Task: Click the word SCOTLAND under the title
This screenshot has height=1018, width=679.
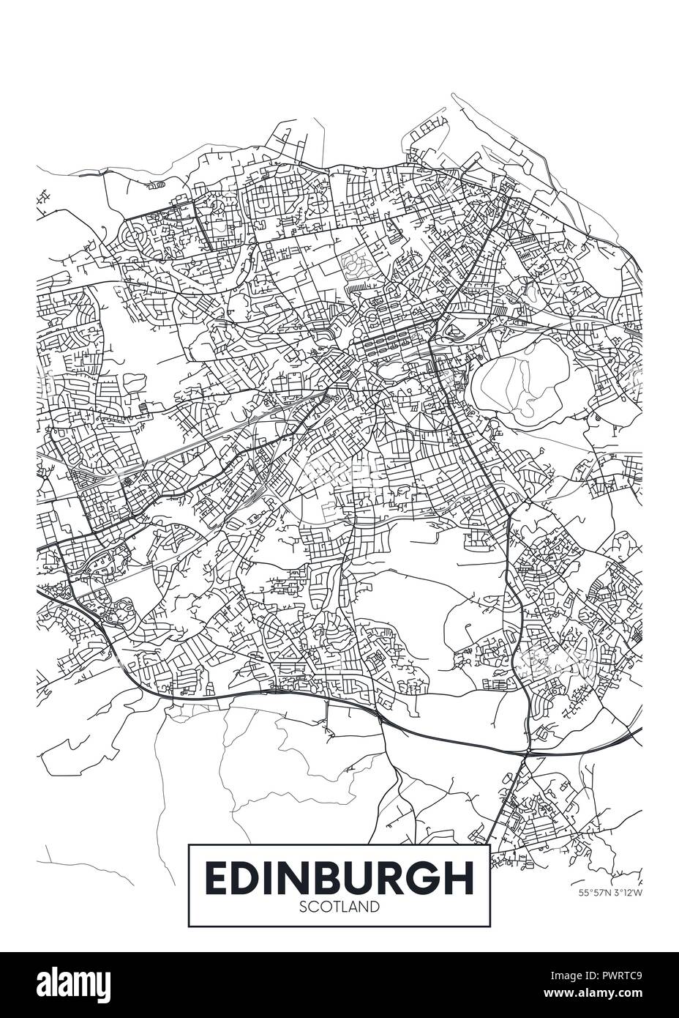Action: (339, 907)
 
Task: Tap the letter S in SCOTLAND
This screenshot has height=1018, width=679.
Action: (304, 907)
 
